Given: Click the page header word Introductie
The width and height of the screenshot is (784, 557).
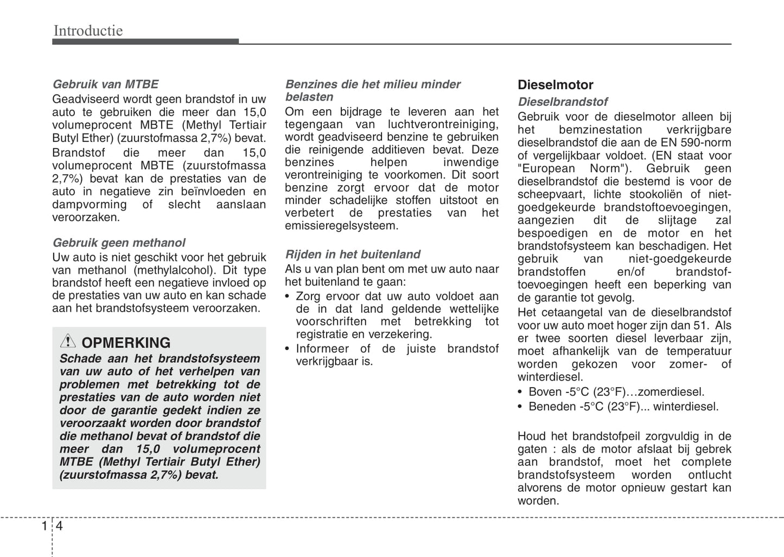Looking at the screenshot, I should point(88,30).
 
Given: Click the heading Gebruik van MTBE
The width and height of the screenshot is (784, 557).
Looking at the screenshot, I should point(105,84).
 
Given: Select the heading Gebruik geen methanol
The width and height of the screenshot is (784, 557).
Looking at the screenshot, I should point(118,243).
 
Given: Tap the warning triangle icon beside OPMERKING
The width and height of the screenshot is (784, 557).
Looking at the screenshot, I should point(68,341).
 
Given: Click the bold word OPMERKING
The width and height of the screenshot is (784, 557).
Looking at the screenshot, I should point(126,343).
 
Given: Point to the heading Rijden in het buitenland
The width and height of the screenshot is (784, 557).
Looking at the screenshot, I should point(353,254).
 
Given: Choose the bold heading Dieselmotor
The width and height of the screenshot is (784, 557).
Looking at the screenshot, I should point(555,85).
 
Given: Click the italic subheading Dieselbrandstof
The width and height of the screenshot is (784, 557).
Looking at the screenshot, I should point(562,102).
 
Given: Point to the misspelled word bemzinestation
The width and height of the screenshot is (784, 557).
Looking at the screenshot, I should point(600,130).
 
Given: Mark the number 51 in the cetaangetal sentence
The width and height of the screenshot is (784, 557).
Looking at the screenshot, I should point(700,325).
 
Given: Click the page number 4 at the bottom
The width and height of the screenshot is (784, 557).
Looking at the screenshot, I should point(59,526).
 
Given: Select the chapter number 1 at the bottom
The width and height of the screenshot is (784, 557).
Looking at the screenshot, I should point(44,526).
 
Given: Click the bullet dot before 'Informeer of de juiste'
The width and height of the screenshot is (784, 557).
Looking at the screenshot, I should point(288,349).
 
